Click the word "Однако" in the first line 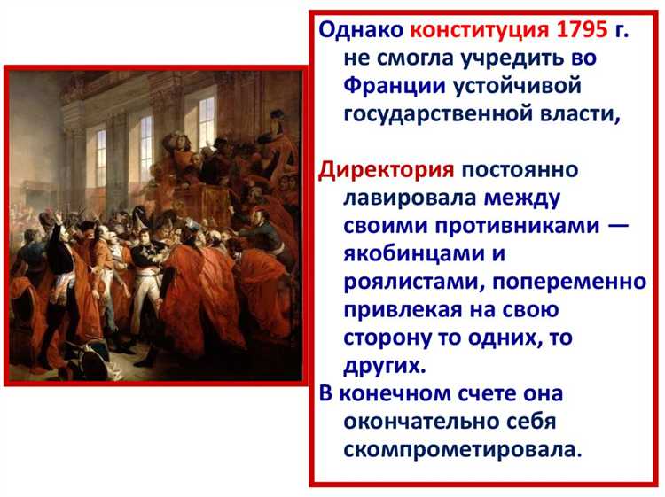tap(362, 30)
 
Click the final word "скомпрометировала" tap(459, 449)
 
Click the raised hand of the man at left tap(59, 217)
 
